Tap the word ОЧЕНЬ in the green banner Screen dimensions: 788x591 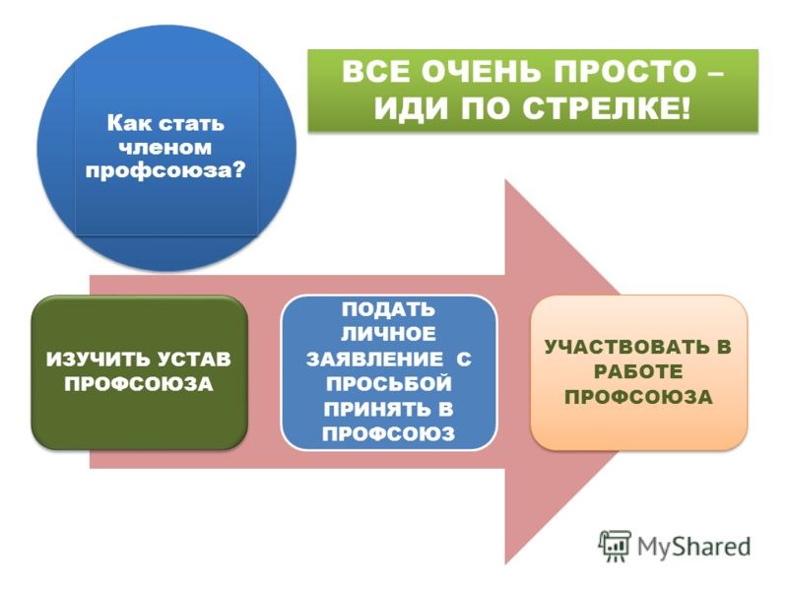click(x=482, y=71)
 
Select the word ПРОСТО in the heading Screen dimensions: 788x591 click(x=624, y=71)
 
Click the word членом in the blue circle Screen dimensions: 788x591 click(x=164, y=147)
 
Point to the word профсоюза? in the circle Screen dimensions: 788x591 click(x=165, y=170)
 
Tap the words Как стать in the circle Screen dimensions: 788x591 click(x=165, y=124)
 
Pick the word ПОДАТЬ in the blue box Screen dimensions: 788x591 click(x=388, y=309)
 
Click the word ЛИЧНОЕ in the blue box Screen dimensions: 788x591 click(x=388, y=334)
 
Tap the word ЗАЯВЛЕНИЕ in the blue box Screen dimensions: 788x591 click(x=375, y=360)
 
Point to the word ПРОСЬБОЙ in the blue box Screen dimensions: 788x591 click(x=388, y=384)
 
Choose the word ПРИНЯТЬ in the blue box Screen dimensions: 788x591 click(x=374, y=409)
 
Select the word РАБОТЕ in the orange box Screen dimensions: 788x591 click(x=638, y=372)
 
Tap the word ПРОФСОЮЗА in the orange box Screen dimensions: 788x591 click(x=638, y=397)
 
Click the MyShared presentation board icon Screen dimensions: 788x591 click(x=614, y=546)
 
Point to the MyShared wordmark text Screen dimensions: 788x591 click(x=694, y=547)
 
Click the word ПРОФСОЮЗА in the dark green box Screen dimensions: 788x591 click(x=139, y=384)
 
